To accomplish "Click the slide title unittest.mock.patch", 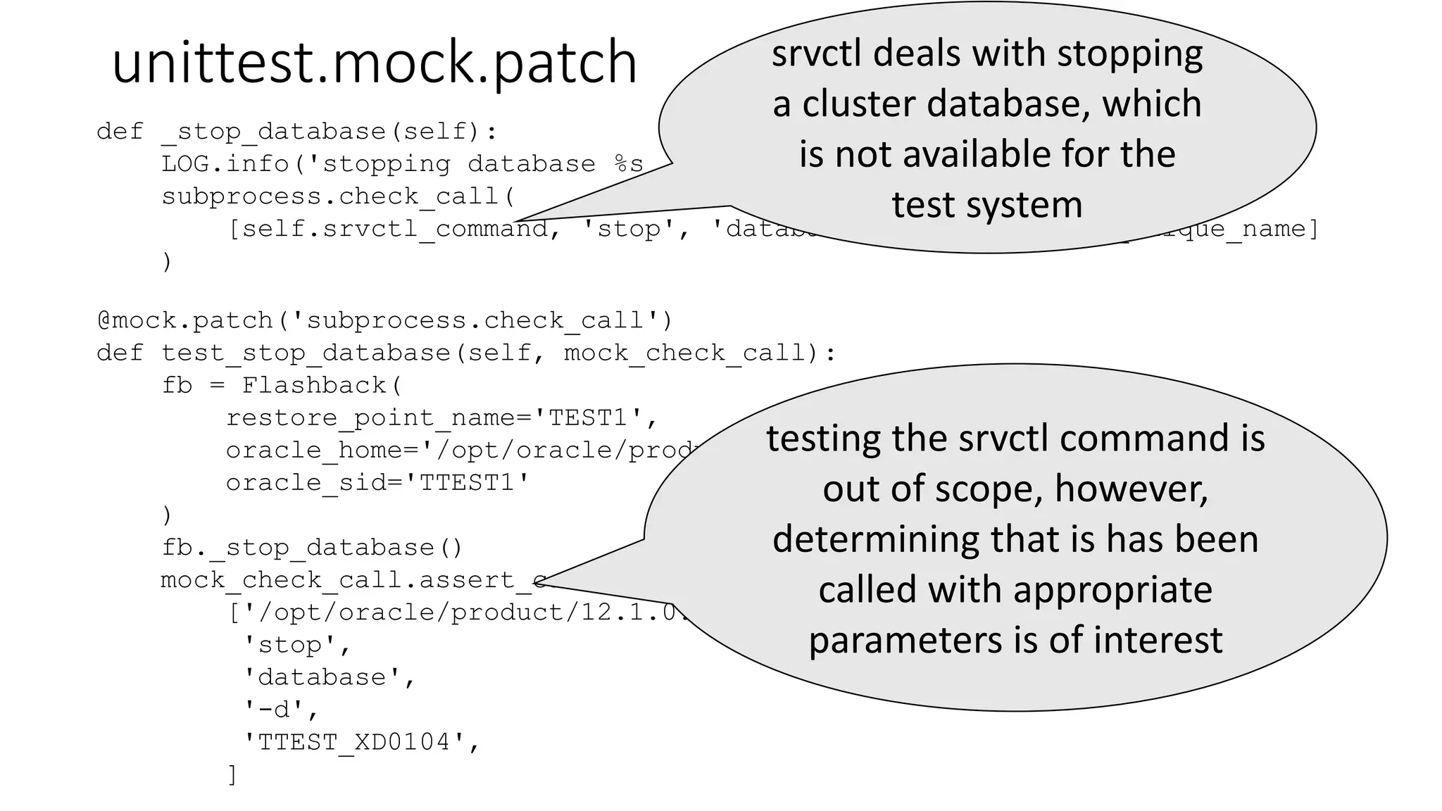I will point(374,63).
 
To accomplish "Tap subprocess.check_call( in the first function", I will point(339,196).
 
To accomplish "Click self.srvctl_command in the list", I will point(387,229).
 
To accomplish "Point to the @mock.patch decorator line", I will point(384,321).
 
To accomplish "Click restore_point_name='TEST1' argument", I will point(441,417).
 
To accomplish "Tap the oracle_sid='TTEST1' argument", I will point(377,482).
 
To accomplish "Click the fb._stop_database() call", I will point(312,547).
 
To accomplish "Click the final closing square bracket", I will point(232,774).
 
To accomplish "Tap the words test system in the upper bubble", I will point(986,206).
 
